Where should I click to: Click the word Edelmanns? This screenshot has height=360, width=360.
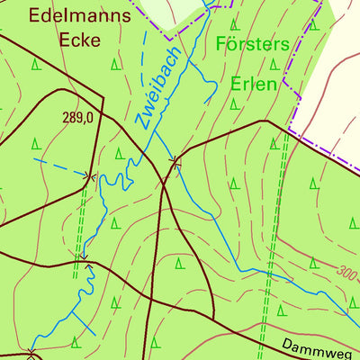tap(69, 14)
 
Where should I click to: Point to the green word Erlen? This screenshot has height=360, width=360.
tap(252, 84)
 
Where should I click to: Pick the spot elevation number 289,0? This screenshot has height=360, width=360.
tap(78, 116)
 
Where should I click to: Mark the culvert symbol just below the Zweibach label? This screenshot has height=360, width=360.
tap(175, 162)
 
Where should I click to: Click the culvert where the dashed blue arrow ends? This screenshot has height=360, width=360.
tap(89, 176)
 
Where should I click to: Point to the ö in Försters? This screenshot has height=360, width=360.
tap(233, 43)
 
